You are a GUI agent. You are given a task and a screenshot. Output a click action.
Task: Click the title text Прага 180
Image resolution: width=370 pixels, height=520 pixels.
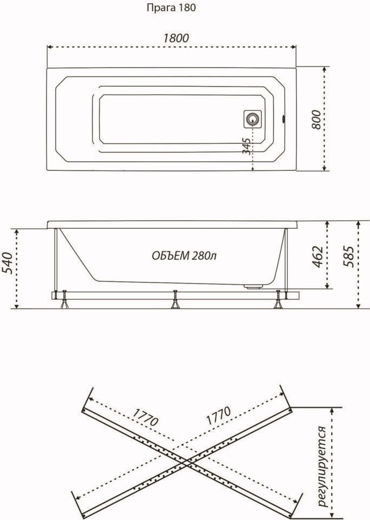(x=171, y=8)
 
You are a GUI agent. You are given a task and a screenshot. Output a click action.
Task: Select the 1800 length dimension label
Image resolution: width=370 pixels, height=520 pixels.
(x=176, y=38)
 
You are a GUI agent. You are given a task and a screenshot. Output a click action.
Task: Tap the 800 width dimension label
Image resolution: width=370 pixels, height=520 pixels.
(x=316, y=120)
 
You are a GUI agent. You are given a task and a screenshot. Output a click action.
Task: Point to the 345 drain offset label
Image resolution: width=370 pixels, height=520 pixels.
(x=246, y=146)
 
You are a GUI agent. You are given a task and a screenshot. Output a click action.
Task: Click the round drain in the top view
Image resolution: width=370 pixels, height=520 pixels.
(x=253, y=119)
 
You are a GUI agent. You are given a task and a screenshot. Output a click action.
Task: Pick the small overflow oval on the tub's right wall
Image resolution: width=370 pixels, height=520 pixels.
(x=283, y=119)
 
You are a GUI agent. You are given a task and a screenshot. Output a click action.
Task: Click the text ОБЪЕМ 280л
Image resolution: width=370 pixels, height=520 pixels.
(x=184, y=256)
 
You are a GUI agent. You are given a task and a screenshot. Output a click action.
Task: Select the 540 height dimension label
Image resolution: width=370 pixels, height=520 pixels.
(x=8, y=263)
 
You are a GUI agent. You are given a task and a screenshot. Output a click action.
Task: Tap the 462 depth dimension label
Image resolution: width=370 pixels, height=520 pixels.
(x=318, y=256)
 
